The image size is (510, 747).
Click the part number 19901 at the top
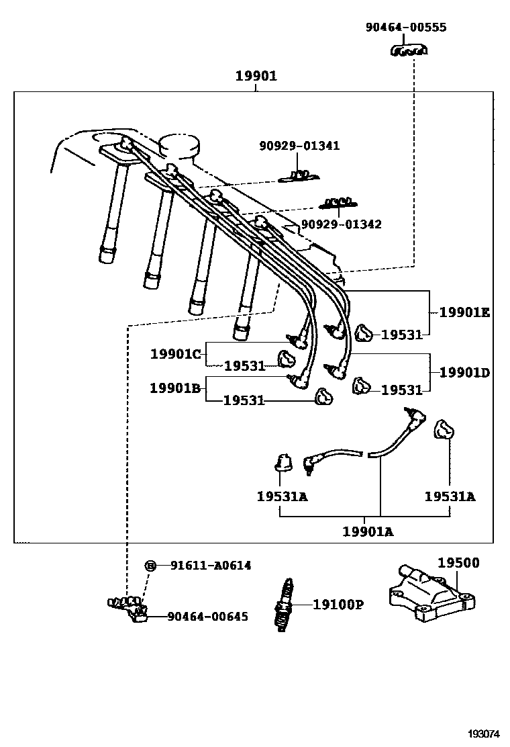coord(256,77)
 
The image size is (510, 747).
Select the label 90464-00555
coord(406,28)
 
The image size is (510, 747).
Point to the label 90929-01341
coord(299,146)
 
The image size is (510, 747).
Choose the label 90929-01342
coord(341,224)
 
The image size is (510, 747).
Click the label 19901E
coord(464,312)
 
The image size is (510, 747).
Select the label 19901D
coord(464,371)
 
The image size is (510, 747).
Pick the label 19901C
coord(175,353)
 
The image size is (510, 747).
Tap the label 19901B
coord(175,388)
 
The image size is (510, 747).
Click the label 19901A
coord(368,531)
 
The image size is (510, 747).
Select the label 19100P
coord(338,605)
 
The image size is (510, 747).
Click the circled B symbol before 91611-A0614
coord(150,566)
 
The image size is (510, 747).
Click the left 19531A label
coord(282,496)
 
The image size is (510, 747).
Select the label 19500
coord(459,563)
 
